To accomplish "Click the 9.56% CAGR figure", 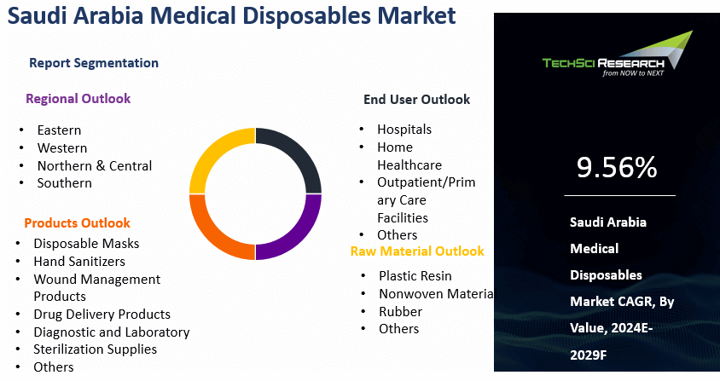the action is click(x=617, y=167).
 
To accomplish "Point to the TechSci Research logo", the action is click(x=618, y=55).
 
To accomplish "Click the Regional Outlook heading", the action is click(x=78, y=99).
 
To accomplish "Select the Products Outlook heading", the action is click(x=77, y=223).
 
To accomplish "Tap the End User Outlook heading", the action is click(x=417, y=100).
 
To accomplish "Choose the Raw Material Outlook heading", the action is click(x=417, y=251).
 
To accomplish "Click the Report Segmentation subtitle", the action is click(x=94, y=63).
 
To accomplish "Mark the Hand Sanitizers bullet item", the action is click(x=79, y=261).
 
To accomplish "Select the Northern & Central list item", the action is click(x=95, y=165).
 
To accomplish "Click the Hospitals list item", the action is click(x=404, y=130).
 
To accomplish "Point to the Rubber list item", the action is click(x=400, y=312).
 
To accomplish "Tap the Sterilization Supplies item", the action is click(x=95, y=349).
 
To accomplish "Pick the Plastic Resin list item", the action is click(x=415, y=276).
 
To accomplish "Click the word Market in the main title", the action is click(x=416, y=15).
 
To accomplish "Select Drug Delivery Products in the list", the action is click(x=102, y=315).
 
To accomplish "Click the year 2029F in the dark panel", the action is click(x=589, y=355).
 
